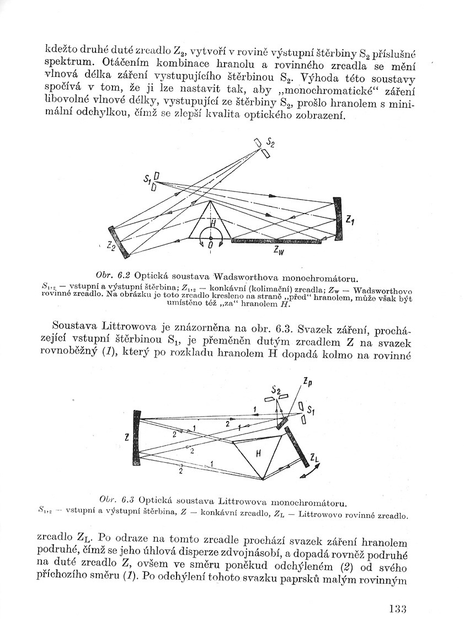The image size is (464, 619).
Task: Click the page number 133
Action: [397, 609]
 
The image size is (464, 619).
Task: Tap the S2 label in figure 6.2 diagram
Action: [270, 142]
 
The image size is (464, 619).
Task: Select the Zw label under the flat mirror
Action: [279, 250]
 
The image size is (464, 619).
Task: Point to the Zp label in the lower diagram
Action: [306, 381]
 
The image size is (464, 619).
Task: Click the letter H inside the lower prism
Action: [257, 452]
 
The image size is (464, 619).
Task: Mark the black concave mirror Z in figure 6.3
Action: [137, 439]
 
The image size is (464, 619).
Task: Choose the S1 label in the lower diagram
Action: [311, 410]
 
